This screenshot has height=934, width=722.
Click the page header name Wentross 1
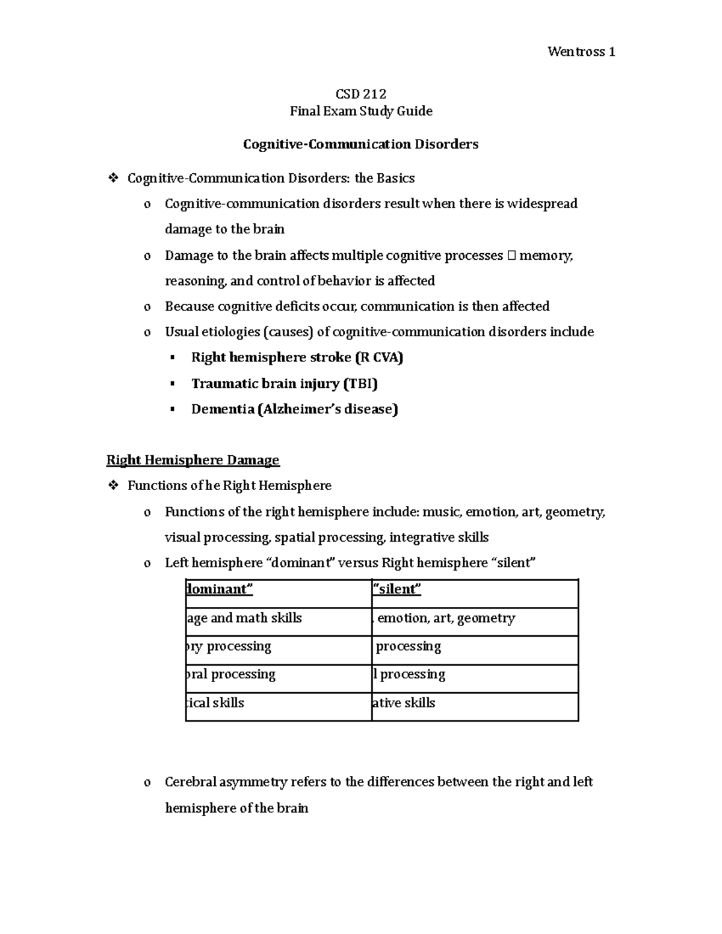pyautogui.click(x=581, y=52)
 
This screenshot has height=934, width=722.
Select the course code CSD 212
pyautogui.click(x=360, y=94)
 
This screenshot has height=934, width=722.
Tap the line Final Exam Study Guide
pyautogui.click(x=360, y=111)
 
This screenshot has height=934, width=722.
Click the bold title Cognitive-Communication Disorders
pyautogui.click(x=360, y=144)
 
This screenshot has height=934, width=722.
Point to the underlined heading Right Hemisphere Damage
pyautogui.click(x=193, y=460)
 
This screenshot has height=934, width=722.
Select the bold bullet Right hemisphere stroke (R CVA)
pyautogui.click(x=297, y=357)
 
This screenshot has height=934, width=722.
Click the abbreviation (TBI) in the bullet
pyautogui.click(x=360, y=384)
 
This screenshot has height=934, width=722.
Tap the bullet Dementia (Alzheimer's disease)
pyautogui.click(x=294, y=410)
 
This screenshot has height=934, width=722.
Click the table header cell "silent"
pyautogui.click(x=397, y=589)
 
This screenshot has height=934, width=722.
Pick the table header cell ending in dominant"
pyautogui.click(x=220, y=589)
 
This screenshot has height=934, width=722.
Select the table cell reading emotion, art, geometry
pyautogui.click(x=445, y=618)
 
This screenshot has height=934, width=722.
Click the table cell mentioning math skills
pyautogui.click(x=244, y=618)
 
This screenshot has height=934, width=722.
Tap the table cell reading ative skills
pyautogui.click(x=404, y=703)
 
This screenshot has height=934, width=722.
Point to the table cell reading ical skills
pyautogui.click(x=216, y=703)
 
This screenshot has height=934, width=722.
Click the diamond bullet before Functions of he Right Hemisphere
pyautogui.click(x=112, y=486)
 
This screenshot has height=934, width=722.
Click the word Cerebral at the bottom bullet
pyautogui.click(x=190, y=782)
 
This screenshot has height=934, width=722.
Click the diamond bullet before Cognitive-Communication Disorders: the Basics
pyautogui.click(x=112, y=179)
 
